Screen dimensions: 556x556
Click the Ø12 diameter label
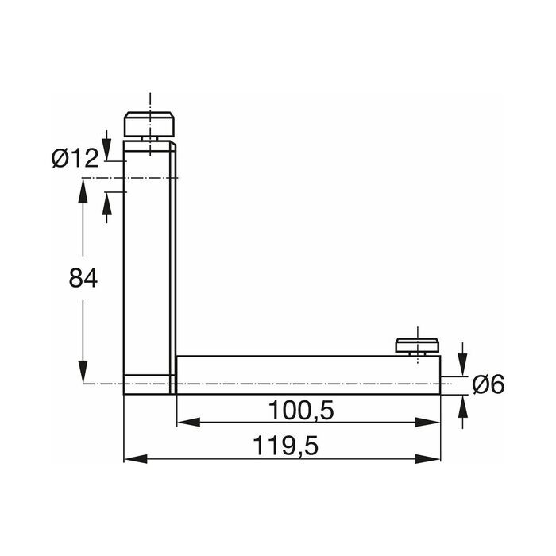pyautogui.click(x=75, y=158)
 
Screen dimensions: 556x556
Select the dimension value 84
pyautogui.click(x=83, y=278)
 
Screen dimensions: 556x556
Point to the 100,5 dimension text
pyautogui.click(x=301, y=411)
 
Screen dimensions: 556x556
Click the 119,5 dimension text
pyautogui.click(x=286, y=446)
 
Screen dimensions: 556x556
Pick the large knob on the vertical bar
pyautogui.click(x=149, y=124)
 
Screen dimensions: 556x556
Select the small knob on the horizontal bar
pyautogui.click(x=417, y=345)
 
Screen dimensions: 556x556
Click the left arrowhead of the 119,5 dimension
pyautogui.click(x=136, y=459)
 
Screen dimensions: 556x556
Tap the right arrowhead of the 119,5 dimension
pyautogui.click(x=428, y=459)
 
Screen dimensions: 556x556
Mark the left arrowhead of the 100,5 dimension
pyautogui.click(x=189, y=422)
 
